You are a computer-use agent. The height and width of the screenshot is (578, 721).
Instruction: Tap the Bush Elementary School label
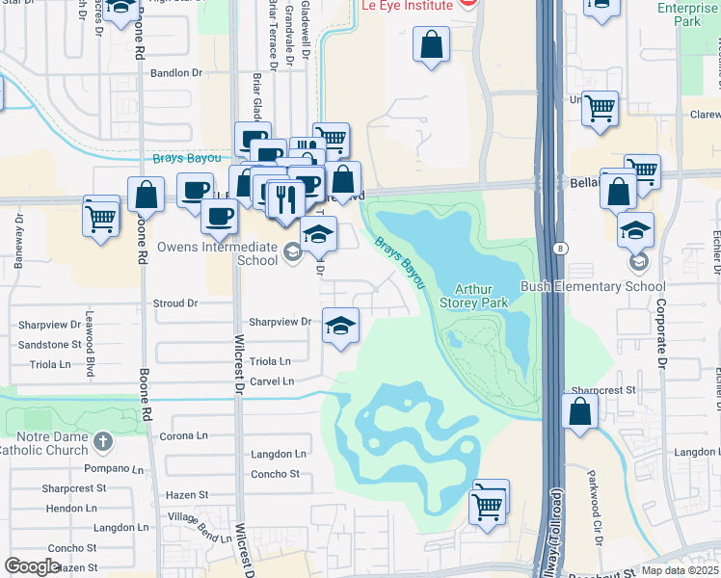tap(593, 286)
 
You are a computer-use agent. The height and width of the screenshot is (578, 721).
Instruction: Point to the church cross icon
tap(104, 442)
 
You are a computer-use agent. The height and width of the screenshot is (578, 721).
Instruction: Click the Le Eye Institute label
tap(406, 5)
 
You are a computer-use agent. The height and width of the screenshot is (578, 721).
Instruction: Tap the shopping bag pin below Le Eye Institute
tap(431, 44)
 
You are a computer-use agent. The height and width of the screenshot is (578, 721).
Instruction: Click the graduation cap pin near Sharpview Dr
tap(340, 326)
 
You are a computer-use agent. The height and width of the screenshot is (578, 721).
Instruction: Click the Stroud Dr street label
tap(175, 303)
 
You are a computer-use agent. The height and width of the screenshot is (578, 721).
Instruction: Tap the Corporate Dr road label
tap(661, 333)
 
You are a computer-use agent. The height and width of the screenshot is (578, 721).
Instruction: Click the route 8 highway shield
tap(559, 249)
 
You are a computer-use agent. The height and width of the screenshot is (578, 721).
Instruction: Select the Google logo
tap(32, 566)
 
